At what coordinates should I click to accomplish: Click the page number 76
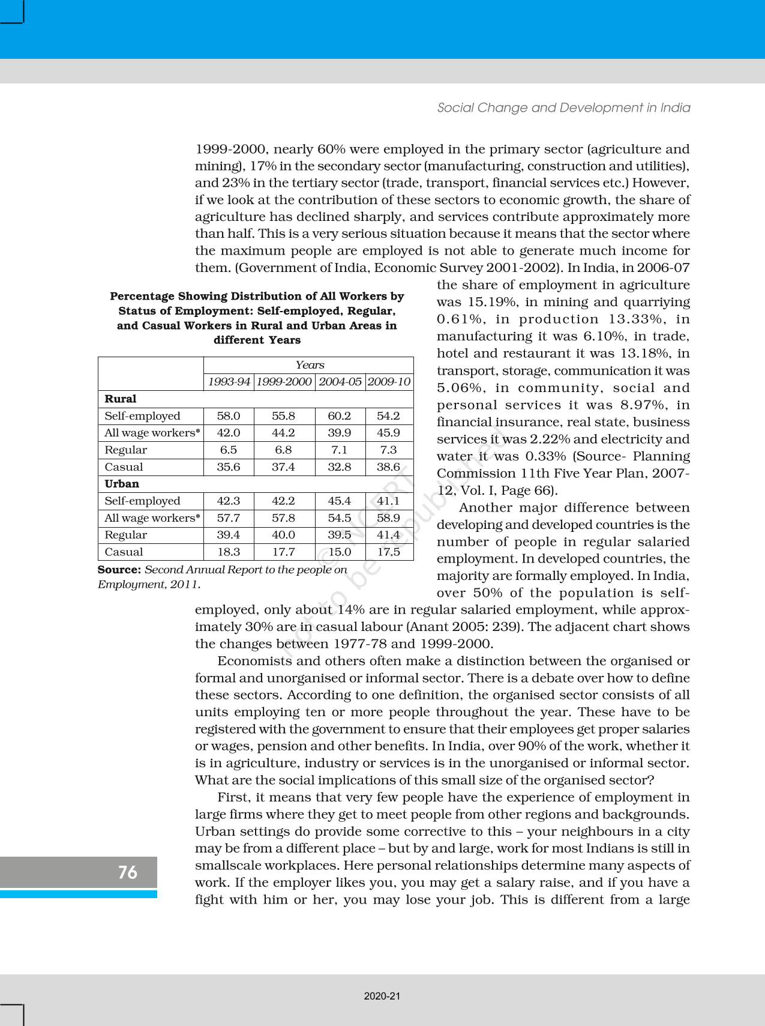[x=127, y=872]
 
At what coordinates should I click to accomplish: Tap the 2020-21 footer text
[x=382, y=996]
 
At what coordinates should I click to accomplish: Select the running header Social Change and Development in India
[x=563, y=107]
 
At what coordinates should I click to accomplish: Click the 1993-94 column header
[x=229, y=382]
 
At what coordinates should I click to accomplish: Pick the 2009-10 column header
[x=389, y=382]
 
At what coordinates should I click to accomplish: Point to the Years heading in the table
[x=310, y=365]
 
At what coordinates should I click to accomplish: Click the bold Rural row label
[x=120, y=399]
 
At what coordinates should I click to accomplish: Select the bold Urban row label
[x=122, y=484]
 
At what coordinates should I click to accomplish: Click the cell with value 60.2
[x=340, y=416]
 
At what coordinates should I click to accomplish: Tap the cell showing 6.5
[x=229, y=450]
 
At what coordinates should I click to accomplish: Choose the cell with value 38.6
[x=388, y=466]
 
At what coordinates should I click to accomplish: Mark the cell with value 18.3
[x=229, y=552]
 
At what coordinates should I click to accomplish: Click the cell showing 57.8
[x=283, y=518]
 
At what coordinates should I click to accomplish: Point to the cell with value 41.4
[x=388, y=534]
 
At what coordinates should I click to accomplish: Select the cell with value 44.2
[x=283, y=433]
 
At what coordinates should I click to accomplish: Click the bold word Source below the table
[x=119, y=569]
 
